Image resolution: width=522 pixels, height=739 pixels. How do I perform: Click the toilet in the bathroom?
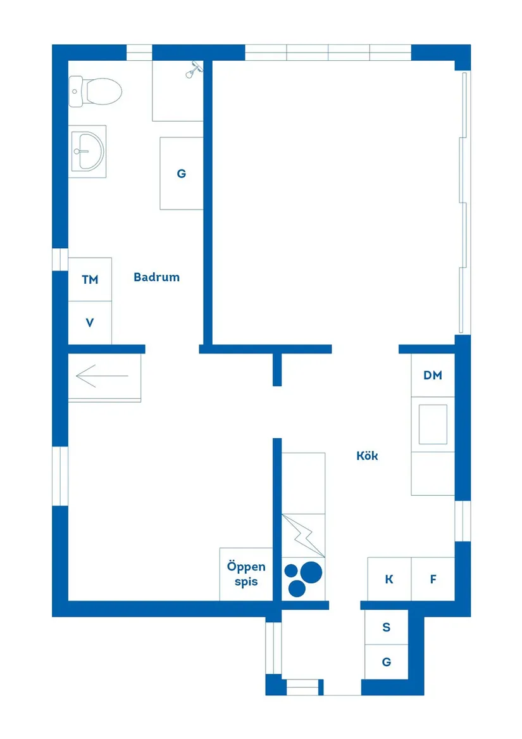pyautogui.click(x=95, y=91)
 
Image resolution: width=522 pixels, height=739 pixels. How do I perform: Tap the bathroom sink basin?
pyautogui.click(x=87, y=151)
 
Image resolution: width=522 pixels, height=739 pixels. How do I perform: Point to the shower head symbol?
pyautogui.click(x=194, y=70)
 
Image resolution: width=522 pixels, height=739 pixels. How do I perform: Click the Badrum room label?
pyautogui.click(x=156, y=277)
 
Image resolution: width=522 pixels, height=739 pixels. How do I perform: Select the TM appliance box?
pyautogui.click(x=90, y=279)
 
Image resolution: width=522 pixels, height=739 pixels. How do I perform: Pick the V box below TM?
pyautogui.click(x=90, y=323)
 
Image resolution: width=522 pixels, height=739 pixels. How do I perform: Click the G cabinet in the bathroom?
pyautogui.click(x=182, y=174)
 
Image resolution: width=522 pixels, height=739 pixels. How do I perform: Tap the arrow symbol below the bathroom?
pyautogui.click(x=103, y=376)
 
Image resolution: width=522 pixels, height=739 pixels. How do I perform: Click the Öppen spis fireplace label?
pyautogui.click(x=246, y=574)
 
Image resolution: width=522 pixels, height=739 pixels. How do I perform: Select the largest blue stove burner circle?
pyautogui.click(x=311, y=572)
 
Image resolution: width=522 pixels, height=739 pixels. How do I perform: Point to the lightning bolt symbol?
pyautogui.click(x=304, y=536)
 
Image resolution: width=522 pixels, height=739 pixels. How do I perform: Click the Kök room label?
pyautogui.click(x=367, y=456)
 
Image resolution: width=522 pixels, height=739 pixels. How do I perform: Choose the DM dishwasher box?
pyautogui.click(x=433, y=375)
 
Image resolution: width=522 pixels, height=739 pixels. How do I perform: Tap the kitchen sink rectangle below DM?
pyautogui.click(x=433, y=424)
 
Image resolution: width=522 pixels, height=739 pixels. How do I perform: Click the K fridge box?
pyautogui.click(x=389, y=579)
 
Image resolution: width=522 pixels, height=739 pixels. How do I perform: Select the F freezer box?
pyautogui.click(x=433, y=579)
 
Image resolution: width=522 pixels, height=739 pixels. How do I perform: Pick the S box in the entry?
pyautogui.click(x=387, y=628)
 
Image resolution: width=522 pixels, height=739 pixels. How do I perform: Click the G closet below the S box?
pyautogui.click(x=387, y=662)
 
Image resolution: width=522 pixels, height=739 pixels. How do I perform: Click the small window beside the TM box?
pyautogui.click(x=60, y=259)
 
